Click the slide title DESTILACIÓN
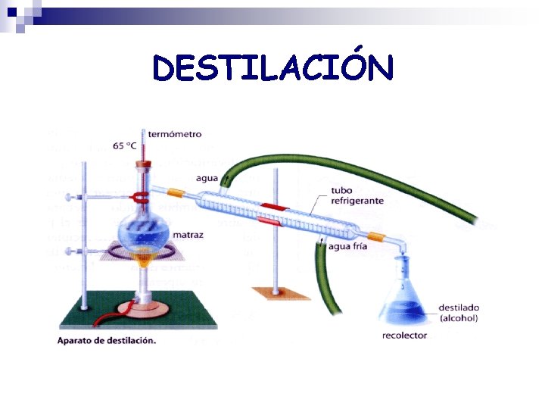click(x=272, y=67)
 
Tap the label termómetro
click(x=175, y=134)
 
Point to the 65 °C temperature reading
click(x=125, y=145)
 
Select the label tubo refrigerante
click(x=357, y=195)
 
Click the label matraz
click(x=188, y=235)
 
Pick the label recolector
click(x=405, y=335)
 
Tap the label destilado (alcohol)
click(x=458, y=313)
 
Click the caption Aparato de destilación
click(x=107, y=340)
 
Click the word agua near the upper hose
click(x=206, y=179)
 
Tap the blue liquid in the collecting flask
click(x=403, y=311)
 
